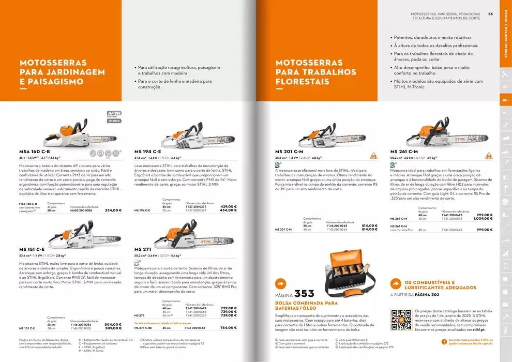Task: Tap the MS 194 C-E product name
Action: click(148, 152)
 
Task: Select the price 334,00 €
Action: click(113, 210)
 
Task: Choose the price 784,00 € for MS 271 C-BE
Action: click(228, 328)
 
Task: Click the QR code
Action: click(401, 319)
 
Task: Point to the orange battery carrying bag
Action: click(349, 273)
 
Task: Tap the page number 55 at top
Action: click(491, 14)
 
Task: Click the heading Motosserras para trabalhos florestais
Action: click(315, 72)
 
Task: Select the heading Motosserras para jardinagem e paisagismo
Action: click(62, 72)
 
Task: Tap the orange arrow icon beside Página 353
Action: click(281, 284)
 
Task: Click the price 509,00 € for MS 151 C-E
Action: click(113, 328)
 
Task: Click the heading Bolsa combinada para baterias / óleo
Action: click(306, 306)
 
